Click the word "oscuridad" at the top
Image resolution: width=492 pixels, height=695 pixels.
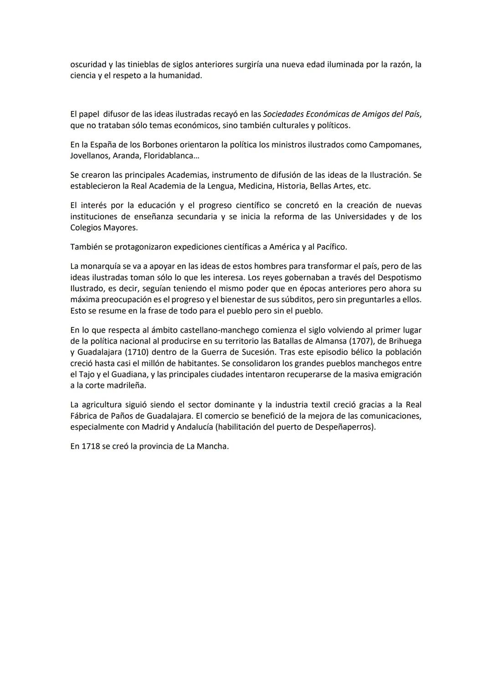pyautogui.click(x=88, y=65)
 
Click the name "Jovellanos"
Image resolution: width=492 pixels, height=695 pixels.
pyautogui.click(x=88, y=156)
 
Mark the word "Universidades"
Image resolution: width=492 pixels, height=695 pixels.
pyautogui.click(x=360, y=217)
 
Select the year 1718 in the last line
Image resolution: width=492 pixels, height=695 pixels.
pyautogui.click(x=90, y=446)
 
